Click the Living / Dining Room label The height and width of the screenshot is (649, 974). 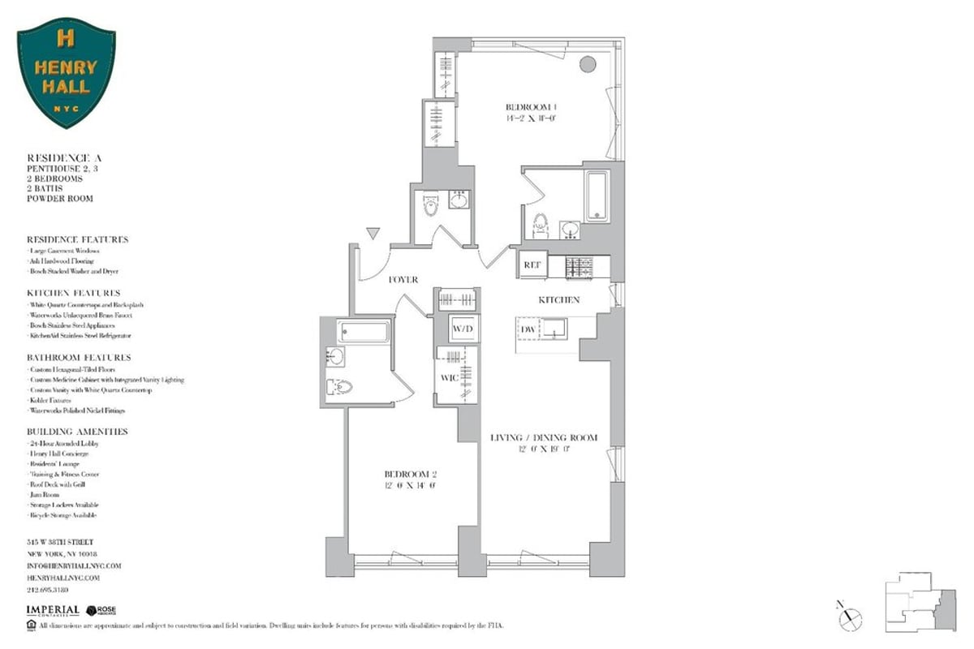[544, 438]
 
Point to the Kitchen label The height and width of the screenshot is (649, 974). [559, 300]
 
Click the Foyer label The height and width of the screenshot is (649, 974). [403, 280]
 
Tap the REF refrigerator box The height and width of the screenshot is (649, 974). [532, 264]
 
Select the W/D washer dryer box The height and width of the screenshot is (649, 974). [463, 329]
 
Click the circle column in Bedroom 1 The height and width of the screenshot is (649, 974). [587, 63]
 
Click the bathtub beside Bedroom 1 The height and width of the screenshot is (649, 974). [597, 196]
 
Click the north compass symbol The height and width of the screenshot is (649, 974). [851, 616]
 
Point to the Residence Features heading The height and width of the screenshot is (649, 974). [78, 240]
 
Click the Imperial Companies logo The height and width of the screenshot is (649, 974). [53, 610]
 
